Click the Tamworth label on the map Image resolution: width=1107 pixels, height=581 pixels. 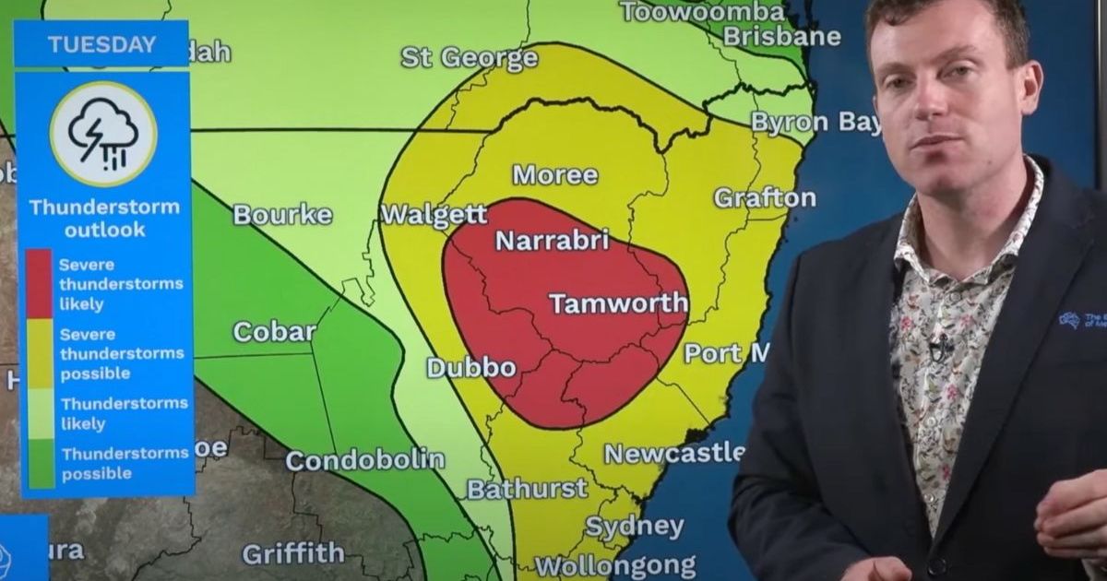tap(618, 303)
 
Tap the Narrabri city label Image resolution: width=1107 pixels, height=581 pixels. tap(553, 241)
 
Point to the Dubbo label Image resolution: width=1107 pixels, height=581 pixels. tap(471, 367)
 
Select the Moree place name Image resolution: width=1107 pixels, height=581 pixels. tap(555, 174)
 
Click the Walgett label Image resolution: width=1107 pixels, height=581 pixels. tap(434, 215)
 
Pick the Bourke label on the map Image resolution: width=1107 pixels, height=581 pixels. tap(282, 215)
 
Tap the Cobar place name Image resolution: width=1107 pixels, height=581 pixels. tap(274, 332)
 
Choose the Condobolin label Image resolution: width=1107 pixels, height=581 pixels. tap(365, 459)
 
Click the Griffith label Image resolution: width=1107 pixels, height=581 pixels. tap(292, 553)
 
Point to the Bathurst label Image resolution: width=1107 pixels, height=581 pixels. tap(527, 488)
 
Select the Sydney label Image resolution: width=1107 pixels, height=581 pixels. tap(635, 527)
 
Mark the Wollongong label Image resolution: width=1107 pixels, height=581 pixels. tap(615, 564)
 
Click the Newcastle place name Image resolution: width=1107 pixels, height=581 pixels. tap(674, 453)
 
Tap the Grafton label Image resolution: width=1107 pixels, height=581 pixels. tap(765, 197)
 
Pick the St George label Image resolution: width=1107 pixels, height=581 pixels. tap(469, 57)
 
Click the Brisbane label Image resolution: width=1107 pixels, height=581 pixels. tap(781, 37)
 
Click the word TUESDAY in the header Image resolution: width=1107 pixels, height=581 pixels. tap(102, 44)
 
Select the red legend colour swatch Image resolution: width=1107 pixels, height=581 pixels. tap(39, 283)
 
